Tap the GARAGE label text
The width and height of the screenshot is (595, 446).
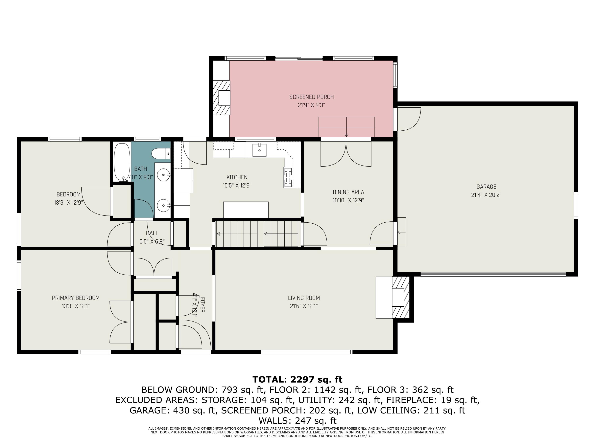point(486,187)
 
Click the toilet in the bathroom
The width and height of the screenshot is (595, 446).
point(161,154)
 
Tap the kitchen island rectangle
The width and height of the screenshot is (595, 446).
point(246,210)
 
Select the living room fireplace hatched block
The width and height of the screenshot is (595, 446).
point(400,297)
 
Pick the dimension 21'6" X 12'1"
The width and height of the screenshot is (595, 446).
point(304,306)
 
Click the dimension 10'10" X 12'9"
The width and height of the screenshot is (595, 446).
point(348,200)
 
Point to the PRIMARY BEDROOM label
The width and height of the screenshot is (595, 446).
point(76,298)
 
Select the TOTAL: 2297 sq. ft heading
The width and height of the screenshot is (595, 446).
point(297,379)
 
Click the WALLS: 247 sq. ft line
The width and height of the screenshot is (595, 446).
point(297,420)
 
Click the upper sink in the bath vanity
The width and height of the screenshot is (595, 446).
point(163,175)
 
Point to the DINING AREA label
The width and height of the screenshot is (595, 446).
point(348,192)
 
